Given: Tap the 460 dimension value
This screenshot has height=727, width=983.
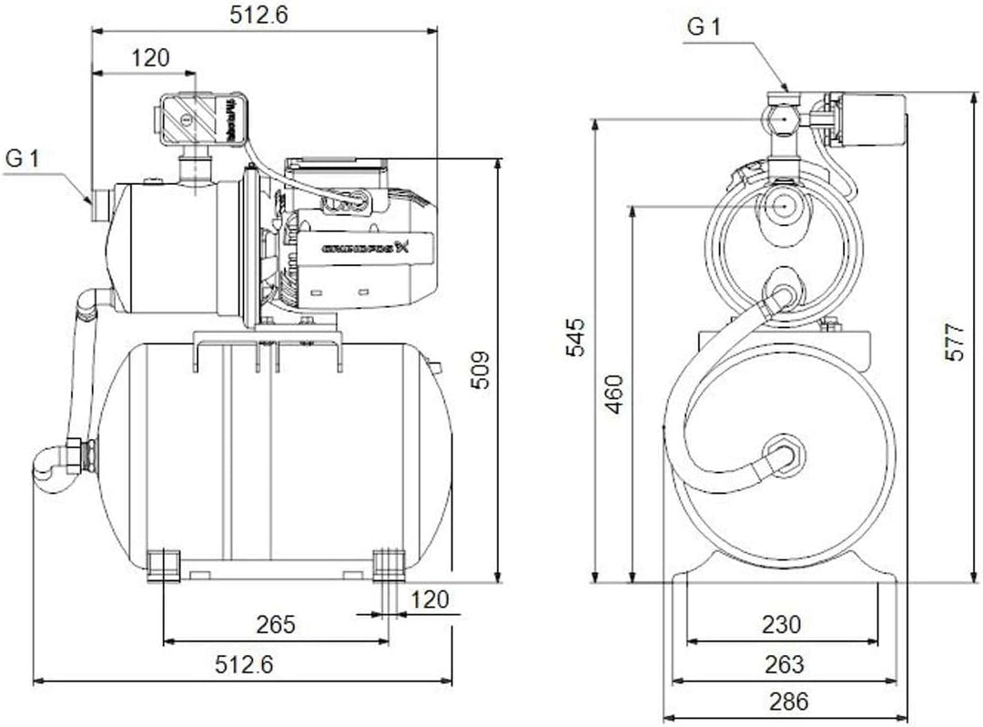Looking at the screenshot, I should tap(615, 393).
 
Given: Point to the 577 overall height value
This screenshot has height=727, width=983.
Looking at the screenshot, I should tap(953, 341).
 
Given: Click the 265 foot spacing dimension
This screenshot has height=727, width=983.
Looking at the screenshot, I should tap(276, 625).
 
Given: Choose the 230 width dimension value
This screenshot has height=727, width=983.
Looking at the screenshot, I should tap(782, 625).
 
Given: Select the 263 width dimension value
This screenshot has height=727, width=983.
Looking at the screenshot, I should tap(782, 664).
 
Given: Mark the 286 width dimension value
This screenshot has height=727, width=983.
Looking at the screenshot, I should tap(782, 702).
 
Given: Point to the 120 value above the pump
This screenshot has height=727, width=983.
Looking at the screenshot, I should tap(150, 58).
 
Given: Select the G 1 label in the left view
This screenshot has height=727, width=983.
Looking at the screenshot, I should tap(24, 159).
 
